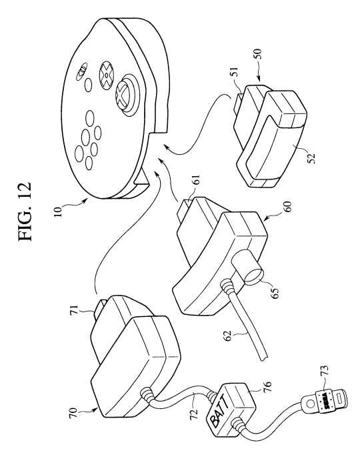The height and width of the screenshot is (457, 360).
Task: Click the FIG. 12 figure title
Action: coord(25,211)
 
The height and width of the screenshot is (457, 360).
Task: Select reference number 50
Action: coord(259,54)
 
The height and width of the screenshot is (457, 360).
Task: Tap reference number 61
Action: coord(196,179)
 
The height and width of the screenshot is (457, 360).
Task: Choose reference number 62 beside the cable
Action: coord(227,336)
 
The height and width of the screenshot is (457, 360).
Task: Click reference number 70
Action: coord(73,413)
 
